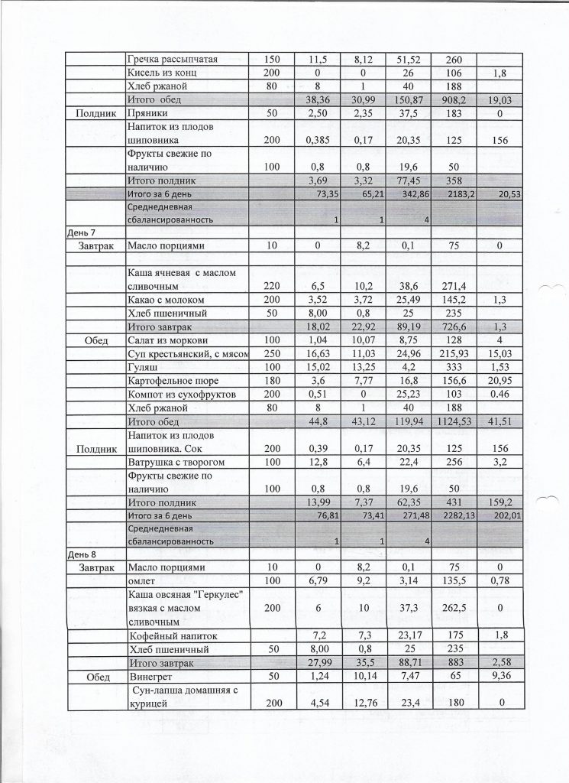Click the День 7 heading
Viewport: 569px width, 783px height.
(82, 231)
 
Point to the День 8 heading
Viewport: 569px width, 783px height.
(82, 553)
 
